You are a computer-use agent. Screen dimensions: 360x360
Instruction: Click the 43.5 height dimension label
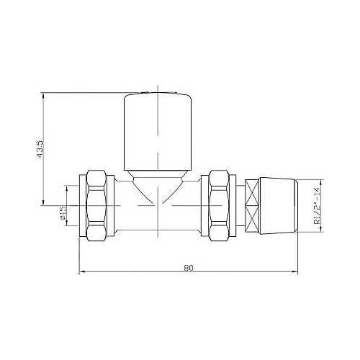click(x=40, y=149)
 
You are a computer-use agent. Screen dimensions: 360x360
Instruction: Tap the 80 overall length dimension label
click(x=189, y=268)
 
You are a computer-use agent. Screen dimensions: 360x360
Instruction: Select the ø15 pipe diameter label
click(x=63, y=213)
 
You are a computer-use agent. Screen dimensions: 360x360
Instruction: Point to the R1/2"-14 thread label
click(x=318, y=206)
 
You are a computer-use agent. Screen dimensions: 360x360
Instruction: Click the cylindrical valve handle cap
click(x=158, y=132)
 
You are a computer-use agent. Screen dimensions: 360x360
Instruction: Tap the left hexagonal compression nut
click(x=96, y=205)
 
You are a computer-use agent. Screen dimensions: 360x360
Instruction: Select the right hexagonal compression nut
click(x=219, y=205)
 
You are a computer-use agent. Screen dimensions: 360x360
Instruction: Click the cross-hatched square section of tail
click(x=252, y=206)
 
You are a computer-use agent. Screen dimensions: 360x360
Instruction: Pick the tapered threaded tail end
click(x=279, y=206)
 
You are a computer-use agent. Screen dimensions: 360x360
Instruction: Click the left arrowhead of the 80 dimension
click(x=82, y=271)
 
